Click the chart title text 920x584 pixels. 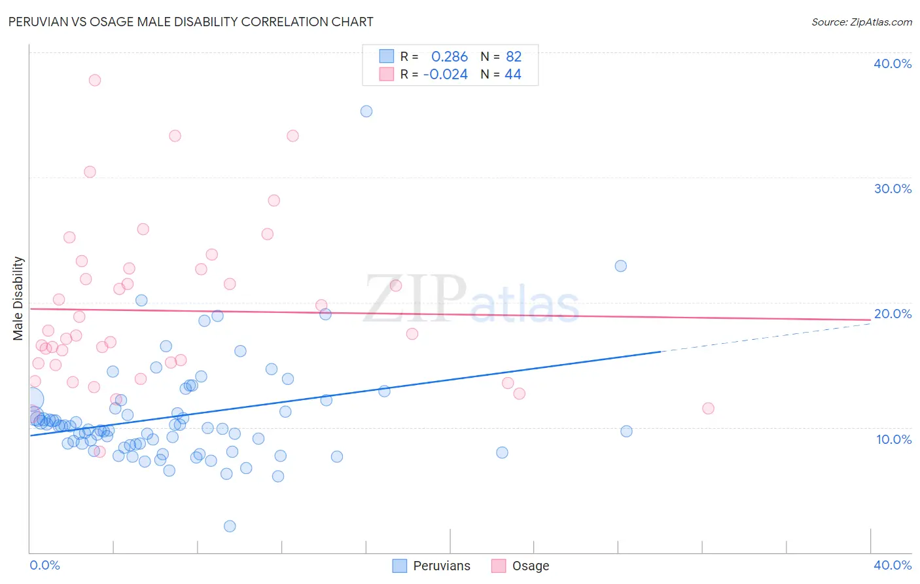tap(191, 22)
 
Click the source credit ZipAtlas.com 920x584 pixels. tap(861, 22)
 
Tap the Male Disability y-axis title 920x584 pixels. tap(18, 298)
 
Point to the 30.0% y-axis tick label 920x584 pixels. tap(893, 189)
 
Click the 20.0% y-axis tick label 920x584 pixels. tap(893, 314)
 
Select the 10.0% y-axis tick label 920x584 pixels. tap(893, 439)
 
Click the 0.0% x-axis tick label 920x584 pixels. tap(44, 565)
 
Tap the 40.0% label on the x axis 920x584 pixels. tap(893, 565)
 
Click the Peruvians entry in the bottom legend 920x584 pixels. tap(441, 566)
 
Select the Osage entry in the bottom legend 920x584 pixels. tap(530, 566)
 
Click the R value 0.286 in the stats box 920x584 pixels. tap(450, 57)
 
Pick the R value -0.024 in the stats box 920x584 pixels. tap(446, 75)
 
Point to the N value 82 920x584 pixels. tap(514, 57)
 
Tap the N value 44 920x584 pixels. tap(513, 75)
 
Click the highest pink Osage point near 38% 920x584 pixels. tap(95, 80)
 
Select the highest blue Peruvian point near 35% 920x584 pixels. tap(366, 111)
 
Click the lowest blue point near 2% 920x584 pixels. tap(230, 526)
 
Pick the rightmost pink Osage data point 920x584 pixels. tap(708, 409)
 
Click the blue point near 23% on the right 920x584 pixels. tap(621, 266)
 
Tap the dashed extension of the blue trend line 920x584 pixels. tap(766, 337)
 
